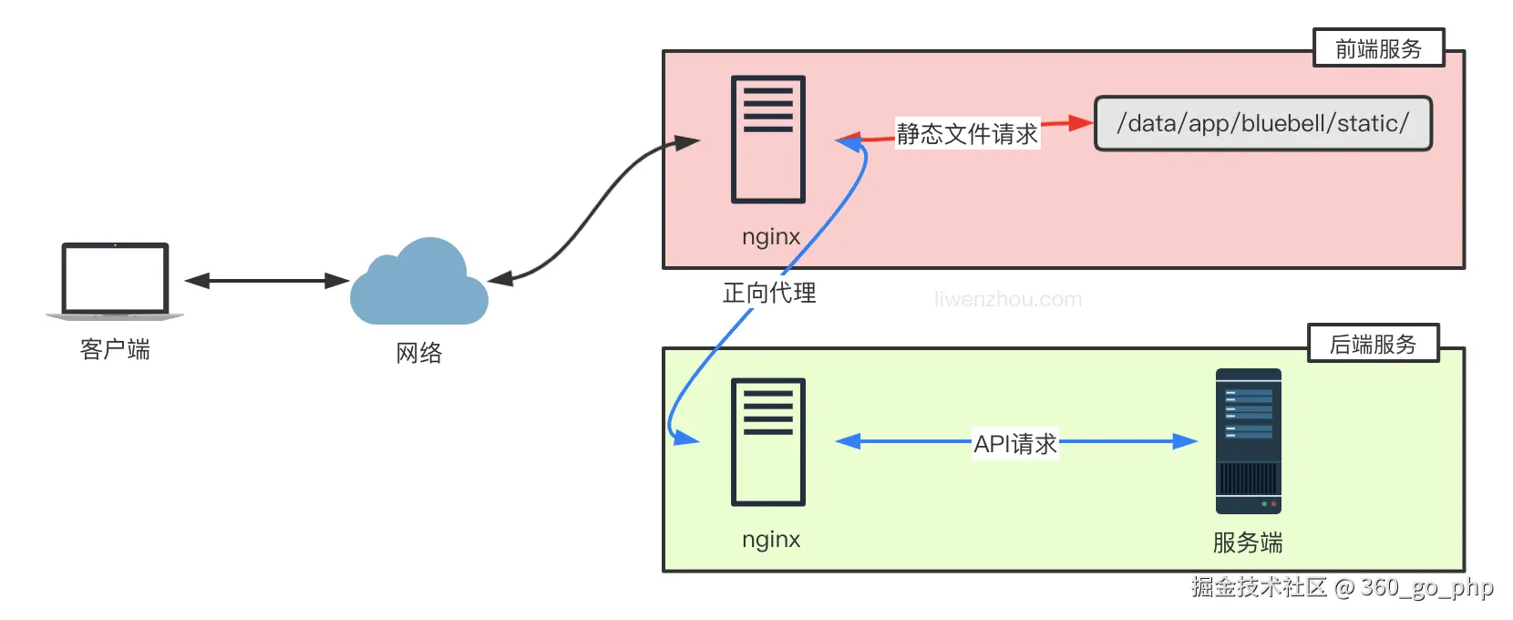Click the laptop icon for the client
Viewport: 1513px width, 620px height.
tap(115, 280)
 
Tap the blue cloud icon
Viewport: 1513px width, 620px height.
tap(418, 284)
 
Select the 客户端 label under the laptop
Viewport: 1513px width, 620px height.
tap(115, 349)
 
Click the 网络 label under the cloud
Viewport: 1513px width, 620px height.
tap(418, 353)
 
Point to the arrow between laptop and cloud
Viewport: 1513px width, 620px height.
tap(266, 281)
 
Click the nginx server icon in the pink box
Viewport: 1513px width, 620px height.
tap(768, 139)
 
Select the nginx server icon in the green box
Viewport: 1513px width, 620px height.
tap(768, 441)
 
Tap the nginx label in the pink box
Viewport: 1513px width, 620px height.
tap(771, 237)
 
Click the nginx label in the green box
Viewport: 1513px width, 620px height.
tap(771, 540)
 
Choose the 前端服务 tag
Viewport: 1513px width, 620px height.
tap(1378, 48)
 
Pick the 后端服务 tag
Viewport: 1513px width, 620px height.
tap(1373, 344)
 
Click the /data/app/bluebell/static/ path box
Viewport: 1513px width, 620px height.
tap(1262, 123)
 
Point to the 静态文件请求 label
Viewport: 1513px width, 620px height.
tap(967, 134)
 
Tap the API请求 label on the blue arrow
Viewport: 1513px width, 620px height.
tap(1015, 444)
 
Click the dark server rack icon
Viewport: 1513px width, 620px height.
tap(1248, 441)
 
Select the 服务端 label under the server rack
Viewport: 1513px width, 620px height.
tap(1248, 542)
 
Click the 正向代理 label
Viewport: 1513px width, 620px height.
tap(769, 293)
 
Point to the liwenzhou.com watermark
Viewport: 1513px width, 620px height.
tap(1008, 299)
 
